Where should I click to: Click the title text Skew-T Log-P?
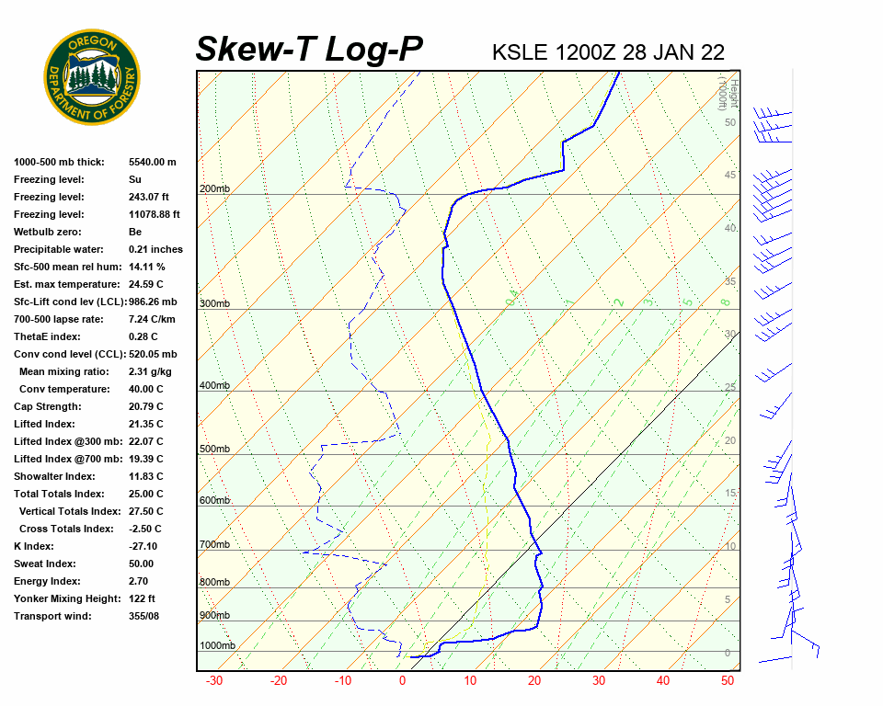309,49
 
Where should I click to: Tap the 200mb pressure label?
214,189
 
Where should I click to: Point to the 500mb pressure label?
214,450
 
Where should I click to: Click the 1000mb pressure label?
217,646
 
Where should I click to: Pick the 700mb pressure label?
214,545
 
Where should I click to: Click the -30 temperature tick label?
213,681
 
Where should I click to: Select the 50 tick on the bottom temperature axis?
727,681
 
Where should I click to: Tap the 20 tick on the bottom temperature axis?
533,681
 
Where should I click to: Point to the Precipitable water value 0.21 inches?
155,249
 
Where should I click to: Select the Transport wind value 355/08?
144,616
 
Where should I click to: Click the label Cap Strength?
48,406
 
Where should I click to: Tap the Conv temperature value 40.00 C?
145,389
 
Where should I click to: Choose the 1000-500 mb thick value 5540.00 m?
152,162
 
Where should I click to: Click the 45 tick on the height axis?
730,176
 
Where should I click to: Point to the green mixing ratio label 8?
725,302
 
